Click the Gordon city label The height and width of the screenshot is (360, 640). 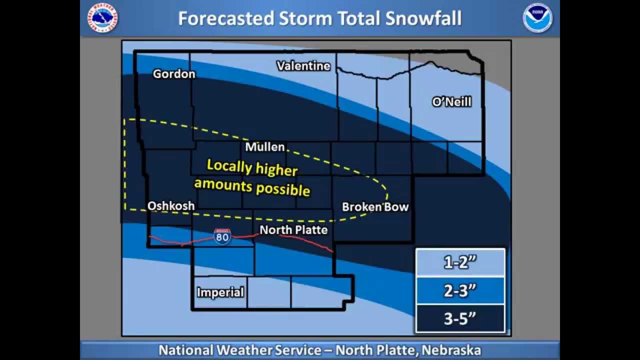click(x=174, y=74)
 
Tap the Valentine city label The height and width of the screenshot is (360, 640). click(x=303, y=66)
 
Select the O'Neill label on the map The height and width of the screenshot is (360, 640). click(x=451, y=102)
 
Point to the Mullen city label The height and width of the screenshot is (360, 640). click(x=265, y=147)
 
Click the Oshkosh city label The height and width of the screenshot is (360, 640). click(x=171, y=206)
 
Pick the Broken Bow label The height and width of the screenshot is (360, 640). click(x=375, y=207)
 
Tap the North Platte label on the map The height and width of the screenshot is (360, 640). click(x=293, y=230)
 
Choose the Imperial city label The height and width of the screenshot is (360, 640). click(x=220, y=292)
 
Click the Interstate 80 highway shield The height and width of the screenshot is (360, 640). click(x=222, y=236)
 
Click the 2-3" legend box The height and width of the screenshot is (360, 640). click(x=460, y=290)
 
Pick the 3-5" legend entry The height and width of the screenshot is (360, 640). click(x=460, y=318)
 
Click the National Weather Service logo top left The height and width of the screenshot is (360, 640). click(x=102, y=18)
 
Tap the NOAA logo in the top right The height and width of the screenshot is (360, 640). click(x=537, y=18)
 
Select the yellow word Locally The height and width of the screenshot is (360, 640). click(x=229, y=166)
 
